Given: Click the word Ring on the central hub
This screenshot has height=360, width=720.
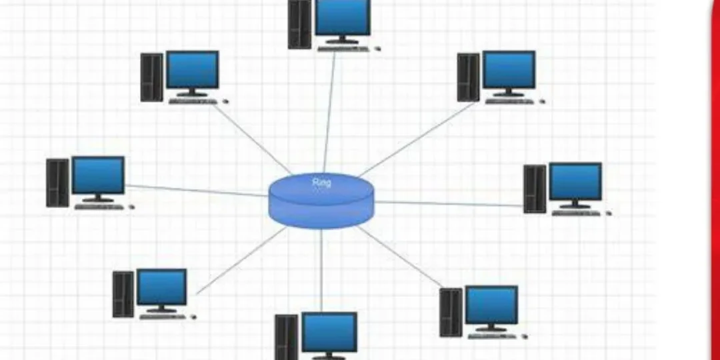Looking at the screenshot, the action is pos(321,183).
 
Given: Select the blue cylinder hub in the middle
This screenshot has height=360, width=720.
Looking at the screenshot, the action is pos(321,201).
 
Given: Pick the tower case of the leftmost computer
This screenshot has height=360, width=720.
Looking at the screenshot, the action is pos(58,183).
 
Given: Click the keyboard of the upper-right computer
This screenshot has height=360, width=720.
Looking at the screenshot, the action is pos(510,101).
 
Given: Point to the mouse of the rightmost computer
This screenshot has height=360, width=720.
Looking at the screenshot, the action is pos(609,213).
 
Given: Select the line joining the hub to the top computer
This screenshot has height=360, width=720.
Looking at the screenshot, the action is pos(329,112).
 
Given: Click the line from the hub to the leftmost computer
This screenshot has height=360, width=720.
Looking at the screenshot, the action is pos(197,191).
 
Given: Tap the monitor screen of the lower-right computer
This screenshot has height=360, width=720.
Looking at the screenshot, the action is pos(491,305).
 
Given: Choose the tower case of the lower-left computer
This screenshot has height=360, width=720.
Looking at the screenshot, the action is pos(123,295).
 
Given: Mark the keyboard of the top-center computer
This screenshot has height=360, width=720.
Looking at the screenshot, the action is pos(343,48).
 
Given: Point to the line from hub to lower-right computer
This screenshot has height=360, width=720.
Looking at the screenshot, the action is pos(399,256).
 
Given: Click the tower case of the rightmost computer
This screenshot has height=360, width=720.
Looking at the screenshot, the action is pos(535,189).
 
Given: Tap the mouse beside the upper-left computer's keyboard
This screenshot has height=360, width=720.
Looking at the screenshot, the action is pos(225,101).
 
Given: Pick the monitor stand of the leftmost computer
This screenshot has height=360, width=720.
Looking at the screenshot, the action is pos(98,199).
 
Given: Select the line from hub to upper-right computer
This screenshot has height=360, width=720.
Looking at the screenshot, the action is pos(417,139).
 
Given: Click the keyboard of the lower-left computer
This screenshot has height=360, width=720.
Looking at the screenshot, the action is pos(163,317).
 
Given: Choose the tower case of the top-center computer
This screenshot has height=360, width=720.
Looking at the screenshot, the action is pos(299,24).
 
